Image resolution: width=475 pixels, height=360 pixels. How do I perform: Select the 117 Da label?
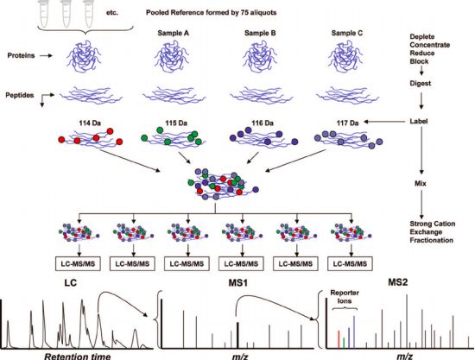pos(347,123)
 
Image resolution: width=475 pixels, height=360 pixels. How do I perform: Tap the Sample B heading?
pos(260,33)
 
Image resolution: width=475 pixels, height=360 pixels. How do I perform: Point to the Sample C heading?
pos(347,33)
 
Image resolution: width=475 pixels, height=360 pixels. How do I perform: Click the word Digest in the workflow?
pos(421,84)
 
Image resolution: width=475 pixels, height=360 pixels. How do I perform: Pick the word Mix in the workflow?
pos(421,184)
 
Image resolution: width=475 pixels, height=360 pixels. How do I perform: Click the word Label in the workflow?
pos(419,121)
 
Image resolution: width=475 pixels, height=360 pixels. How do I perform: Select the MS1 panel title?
pos(237,283)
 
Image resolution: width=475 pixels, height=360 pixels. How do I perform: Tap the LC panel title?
pos(70,283)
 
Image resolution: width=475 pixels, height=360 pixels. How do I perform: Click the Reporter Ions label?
pos(345,297)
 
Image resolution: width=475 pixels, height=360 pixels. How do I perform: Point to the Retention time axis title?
pos(78,356)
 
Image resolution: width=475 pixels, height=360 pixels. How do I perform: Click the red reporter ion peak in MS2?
pos(339,339)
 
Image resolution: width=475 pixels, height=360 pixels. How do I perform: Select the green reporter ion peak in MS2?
pos(344,343)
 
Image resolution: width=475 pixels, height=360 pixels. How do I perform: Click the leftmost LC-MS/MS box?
pos(78,263)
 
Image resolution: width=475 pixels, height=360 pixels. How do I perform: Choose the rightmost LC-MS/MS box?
pos(350,263)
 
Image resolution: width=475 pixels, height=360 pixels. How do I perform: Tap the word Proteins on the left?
pos(21,56)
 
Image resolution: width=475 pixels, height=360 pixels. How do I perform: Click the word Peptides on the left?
pos(20,95)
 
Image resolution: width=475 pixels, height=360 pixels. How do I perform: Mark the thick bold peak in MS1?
pos(237,336)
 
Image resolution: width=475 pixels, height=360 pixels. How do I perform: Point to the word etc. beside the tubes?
pos(112,13)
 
